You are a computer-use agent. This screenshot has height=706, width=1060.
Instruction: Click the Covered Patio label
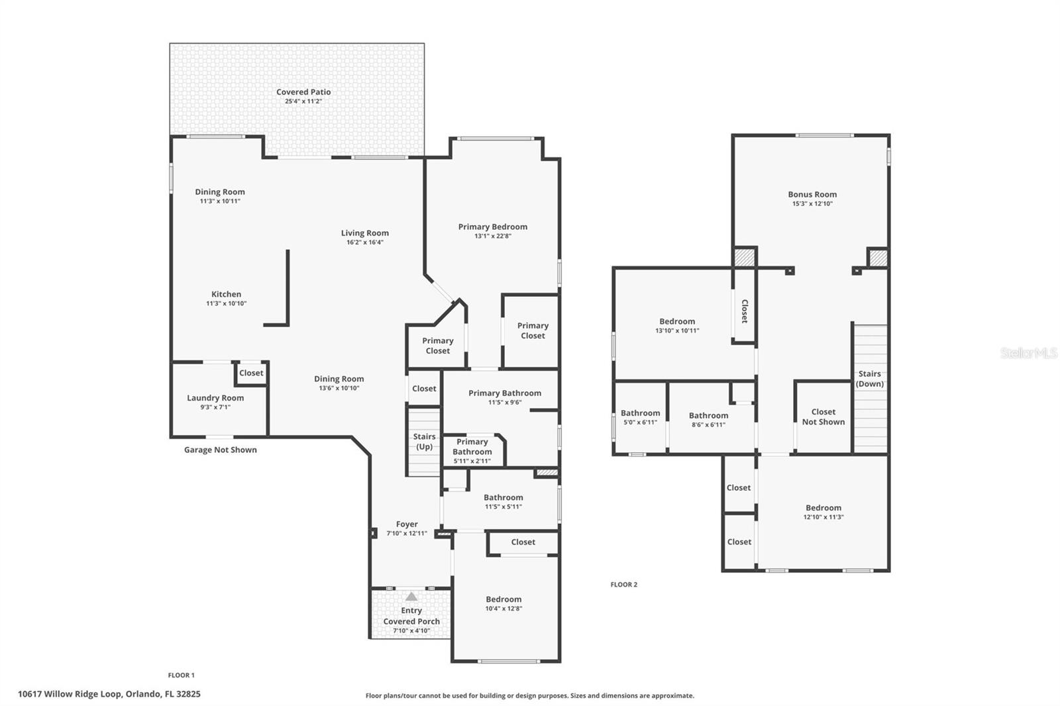[x=303, y=92]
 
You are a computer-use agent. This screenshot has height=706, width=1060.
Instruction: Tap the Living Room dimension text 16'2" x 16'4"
[x=365, y=242]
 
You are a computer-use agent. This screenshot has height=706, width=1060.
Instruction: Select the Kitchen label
[x=226, y=294]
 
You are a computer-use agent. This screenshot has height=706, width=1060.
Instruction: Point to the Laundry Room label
[x=215, y=398]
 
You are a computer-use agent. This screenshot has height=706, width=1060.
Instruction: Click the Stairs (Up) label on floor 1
[x=424, y=442]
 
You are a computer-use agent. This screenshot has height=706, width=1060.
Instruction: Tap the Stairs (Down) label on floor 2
[x=869, y=379]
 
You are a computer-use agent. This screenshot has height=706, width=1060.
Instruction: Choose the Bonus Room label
[x=812, y=194]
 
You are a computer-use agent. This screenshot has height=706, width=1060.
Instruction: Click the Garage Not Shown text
[x=220, y=450]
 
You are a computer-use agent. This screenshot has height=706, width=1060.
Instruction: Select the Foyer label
[x=407, y=524]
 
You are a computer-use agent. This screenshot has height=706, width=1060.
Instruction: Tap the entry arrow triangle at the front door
[x=411, y=596]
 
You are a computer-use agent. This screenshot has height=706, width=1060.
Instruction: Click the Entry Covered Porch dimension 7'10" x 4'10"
[x=411, y=630]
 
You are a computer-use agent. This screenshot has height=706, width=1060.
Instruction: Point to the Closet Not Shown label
[x=823, y=417]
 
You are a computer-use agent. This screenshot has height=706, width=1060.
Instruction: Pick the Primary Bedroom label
[x=492, y=227]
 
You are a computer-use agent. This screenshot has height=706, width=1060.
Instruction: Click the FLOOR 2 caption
[x=623, y=584]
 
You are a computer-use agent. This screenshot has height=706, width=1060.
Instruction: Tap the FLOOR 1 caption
[x=181, y=675]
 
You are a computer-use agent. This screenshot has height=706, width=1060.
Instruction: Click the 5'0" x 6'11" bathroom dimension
[x=640, y=423]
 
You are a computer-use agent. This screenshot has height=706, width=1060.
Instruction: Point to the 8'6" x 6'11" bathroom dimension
[x=708, y=425]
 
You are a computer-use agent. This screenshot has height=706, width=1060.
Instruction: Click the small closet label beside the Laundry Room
[x=251, y=373]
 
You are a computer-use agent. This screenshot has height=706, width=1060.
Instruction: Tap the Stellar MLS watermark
[x=1028, y=353]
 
